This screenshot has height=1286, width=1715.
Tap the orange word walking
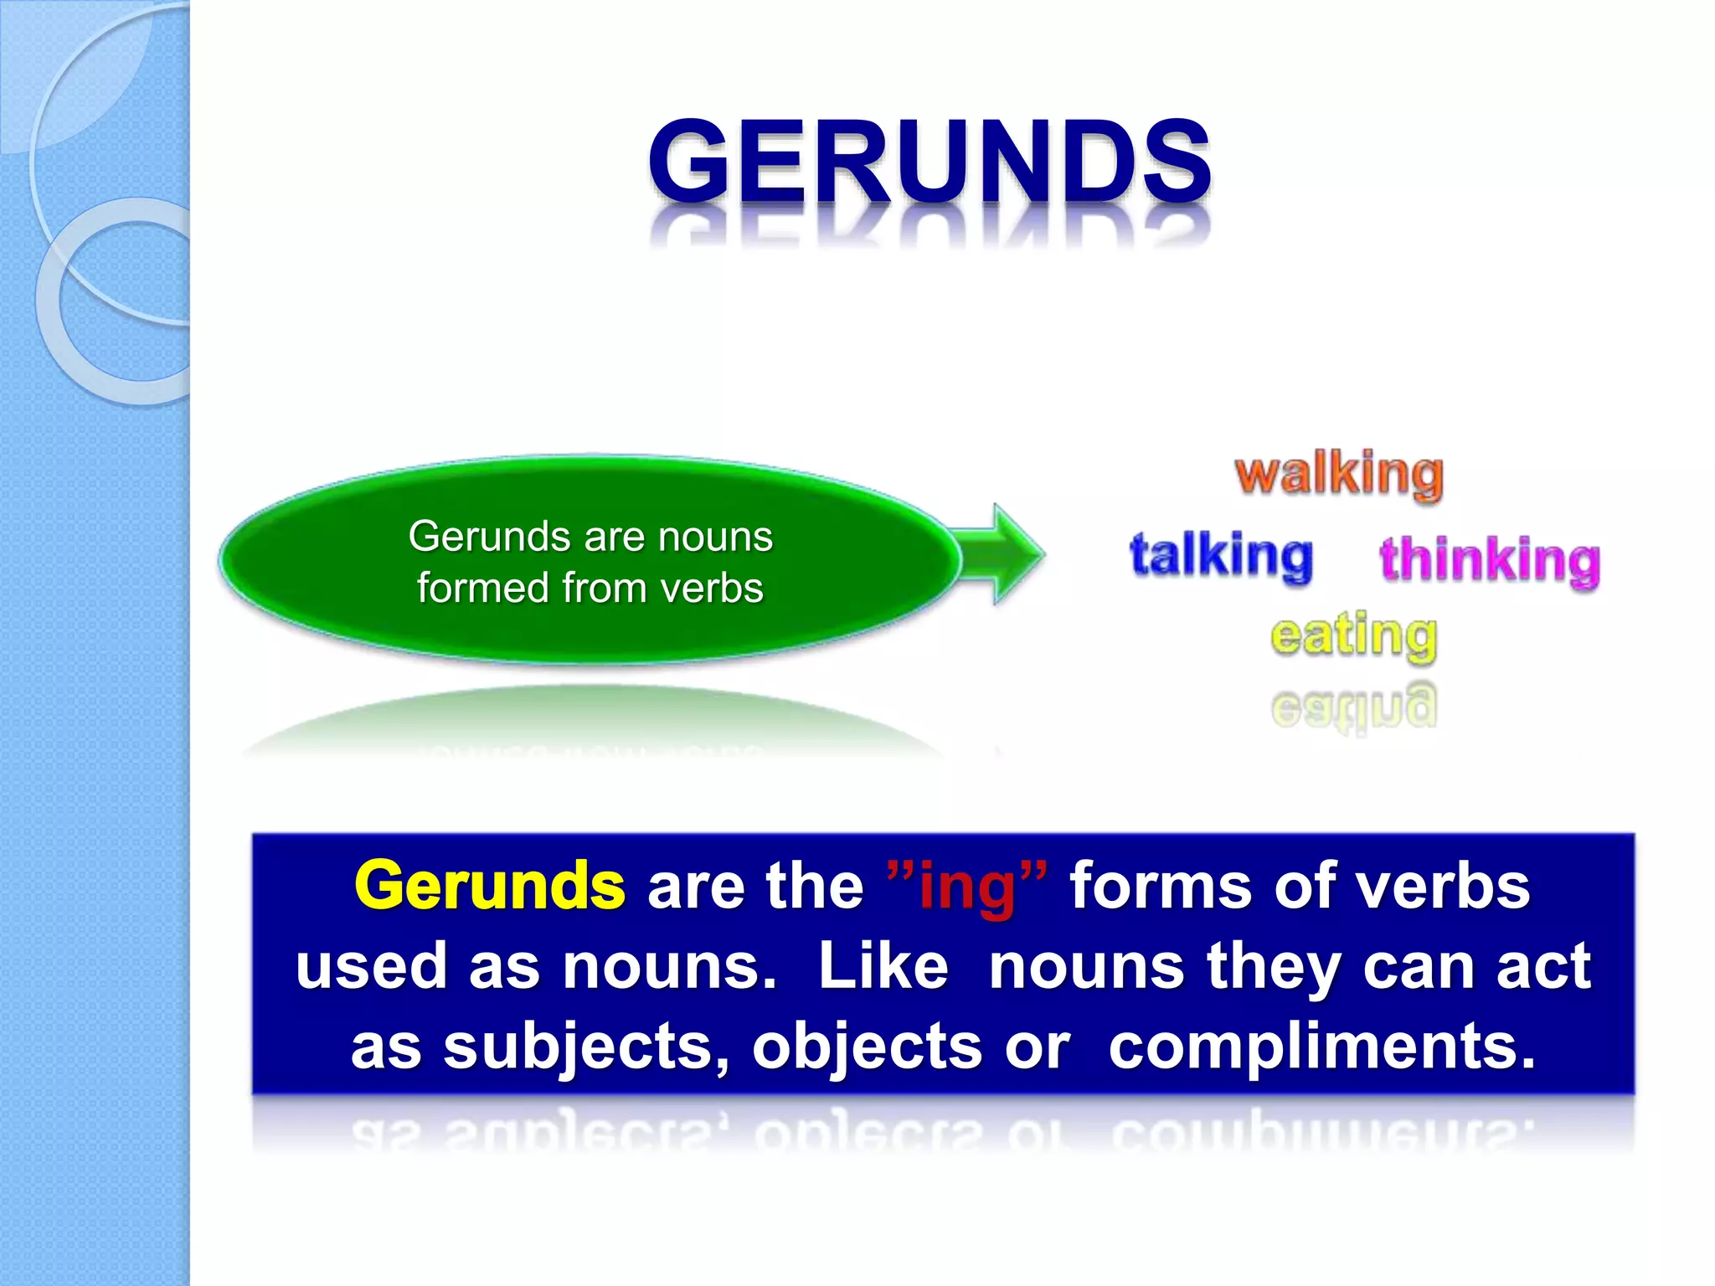coord(1339,475)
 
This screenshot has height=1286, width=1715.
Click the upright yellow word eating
coord(1353,636)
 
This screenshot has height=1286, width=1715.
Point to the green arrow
coord(1002,553)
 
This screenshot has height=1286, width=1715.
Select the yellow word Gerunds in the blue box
coord(490,886)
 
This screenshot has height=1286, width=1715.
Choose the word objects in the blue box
coord(867,1047)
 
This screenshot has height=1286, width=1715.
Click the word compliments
coord(1321,1047)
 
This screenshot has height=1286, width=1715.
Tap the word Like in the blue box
coord(883,966)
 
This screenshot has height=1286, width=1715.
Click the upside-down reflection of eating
coord(1353,707)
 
